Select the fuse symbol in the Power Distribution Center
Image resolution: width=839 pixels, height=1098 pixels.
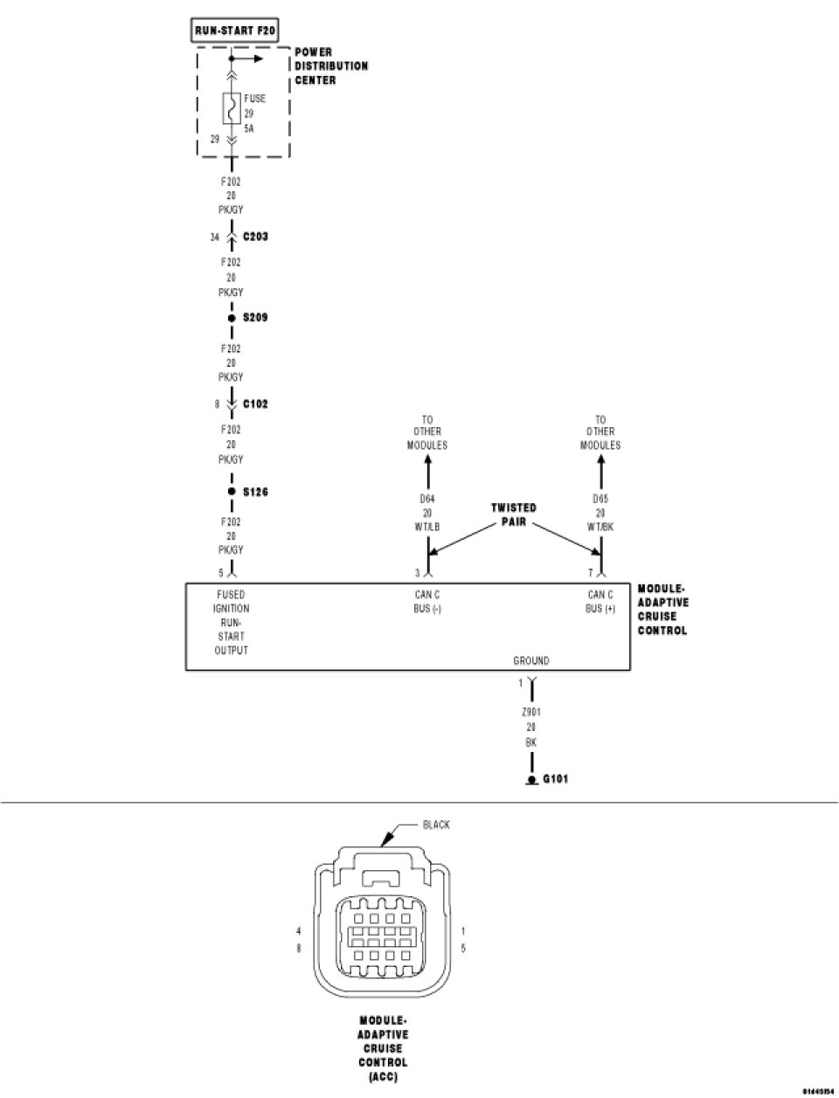tap(232, 108)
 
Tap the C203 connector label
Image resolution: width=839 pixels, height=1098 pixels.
tap(255, 237)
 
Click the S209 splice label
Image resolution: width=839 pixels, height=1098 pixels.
tap(255, 317)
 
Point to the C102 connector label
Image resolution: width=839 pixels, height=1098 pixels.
tap(255, 404)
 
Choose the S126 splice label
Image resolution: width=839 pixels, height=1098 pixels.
tap(255, 493)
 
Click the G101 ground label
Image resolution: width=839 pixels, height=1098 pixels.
tap(555, 778)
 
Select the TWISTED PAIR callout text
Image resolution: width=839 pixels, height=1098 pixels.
tap(514, 514)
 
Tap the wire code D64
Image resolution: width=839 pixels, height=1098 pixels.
tap(427, 499)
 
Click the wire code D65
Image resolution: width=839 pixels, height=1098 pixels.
tap(600, 499)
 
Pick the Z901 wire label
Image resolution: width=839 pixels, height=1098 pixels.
tap(530, 713)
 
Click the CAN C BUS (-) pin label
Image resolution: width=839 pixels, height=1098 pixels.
tap(427, 601)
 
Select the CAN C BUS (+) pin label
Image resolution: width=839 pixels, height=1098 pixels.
tap(600, 601)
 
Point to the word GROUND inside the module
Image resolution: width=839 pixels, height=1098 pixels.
tap(531, 661)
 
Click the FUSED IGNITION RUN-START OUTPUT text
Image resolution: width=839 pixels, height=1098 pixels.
tap(232, 622)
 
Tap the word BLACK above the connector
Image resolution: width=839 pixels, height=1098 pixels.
tap(436, 825)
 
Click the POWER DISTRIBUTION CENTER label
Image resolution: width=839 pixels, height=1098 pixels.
tap(330, 66)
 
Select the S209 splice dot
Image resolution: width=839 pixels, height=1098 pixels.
tap(232, 318)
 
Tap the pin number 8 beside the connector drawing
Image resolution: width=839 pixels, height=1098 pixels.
tap(299, 948)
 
